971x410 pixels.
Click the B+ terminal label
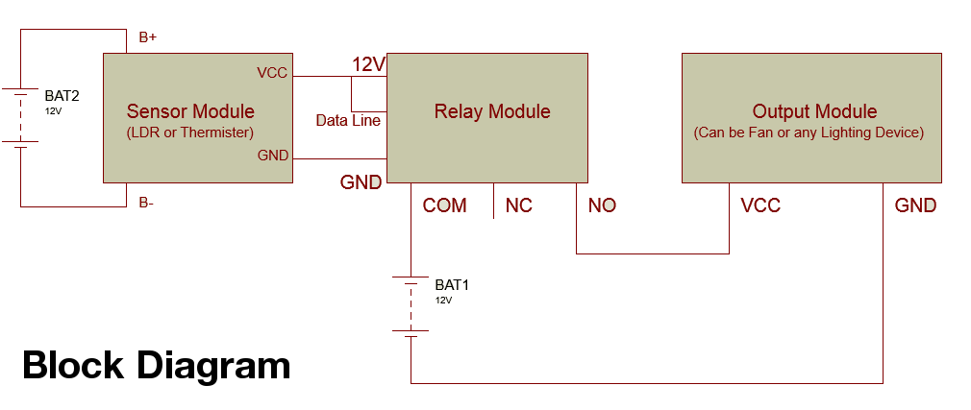(x=148, y=37)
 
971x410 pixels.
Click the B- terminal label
(x=147, y=203)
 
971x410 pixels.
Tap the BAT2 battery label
(x=62, y=96)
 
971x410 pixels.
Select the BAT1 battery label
(x=452, y=285)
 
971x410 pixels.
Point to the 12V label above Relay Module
(x=369, y=64)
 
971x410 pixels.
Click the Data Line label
(x=348, y=121)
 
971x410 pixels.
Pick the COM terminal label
(x=444, y=205)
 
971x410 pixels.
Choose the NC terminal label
(x=518, y=205)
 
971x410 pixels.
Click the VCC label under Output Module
(x=760, y=205)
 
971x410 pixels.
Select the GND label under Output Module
(x=915, y=205)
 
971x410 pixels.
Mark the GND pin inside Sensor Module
(x=273, y=155)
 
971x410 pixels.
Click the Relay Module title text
(x=492, y=111)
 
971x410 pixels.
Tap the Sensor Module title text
(x=190, y=111)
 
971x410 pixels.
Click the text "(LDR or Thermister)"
(x=191, y=133)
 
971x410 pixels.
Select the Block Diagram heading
(x=156, y=366)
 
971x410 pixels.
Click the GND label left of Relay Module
(x=361, y=182)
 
